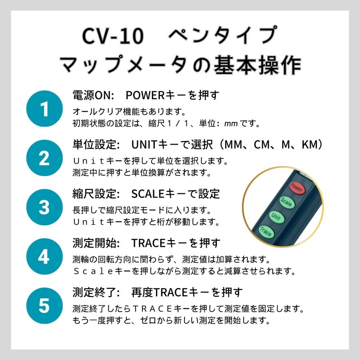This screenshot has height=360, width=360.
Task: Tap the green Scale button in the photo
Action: click(286, 202)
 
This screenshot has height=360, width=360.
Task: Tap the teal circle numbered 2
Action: click(44, 158)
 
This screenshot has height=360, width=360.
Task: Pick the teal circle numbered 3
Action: click(44, 207)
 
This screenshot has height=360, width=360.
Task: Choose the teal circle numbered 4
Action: click(44, 256)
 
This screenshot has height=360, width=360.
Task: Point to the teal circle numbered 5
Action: click(44, 306)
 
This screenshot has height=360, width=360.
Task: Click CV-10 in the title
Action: click(112, 37)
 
